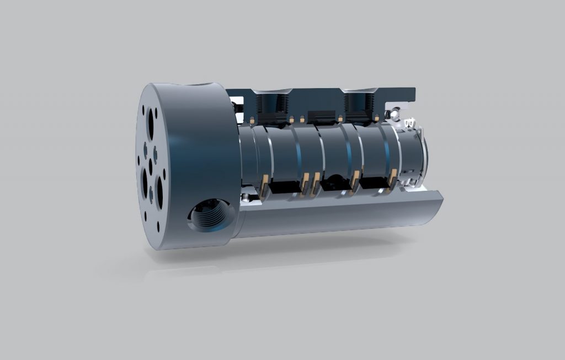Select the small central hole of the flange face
click(x=150, y=163)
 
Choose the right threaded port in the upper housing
click(x=359, y=105)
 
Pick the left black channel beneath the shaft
click(x=286, y=188)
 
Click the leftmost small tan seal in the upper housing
click(x=252, y=120)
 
